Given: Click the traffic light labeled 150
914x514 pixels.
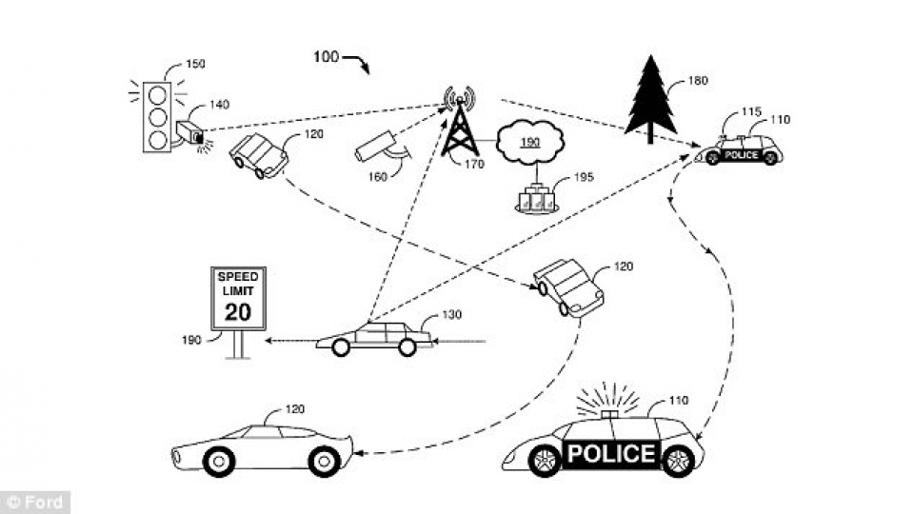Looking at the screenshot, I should pyautogui.click(x=157, y=117).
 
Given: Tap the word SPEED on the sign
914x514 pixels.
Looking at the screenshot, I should pyautogui.click(x=238, y=276).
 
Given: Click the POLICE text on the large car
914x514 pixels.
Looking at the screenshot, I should pyautogui.click(x=611, y=453).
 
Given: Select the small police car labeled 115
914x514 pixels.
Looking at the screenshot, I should pyautogui.click(x=741, y=151).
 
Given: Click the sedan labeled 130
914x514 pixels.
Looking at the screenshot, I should pyautogui.click(x=374, y=337).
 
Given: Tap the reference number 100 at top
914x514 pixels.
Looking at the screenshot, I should pyautogui.click(x=326, y=57).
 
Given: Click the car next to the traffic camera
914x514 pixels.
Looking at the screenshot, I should pyautogui.click(x=259, y=155).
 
